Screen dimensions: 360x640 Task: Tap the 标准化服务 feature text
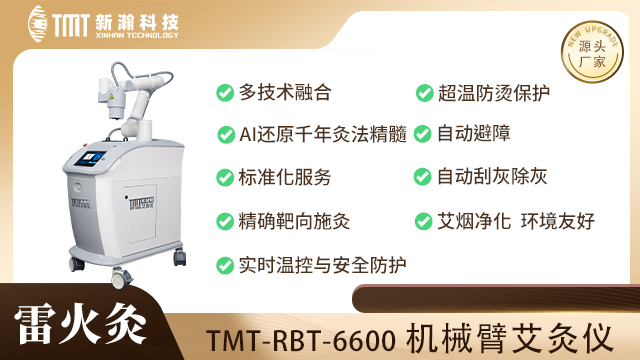285,177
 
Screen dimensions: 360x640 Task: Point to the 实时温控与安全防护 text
322,265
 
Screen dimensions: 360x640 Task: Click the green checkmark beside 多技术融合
225,93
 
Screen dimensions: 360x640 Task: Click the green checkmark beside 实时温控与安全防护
225,265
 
